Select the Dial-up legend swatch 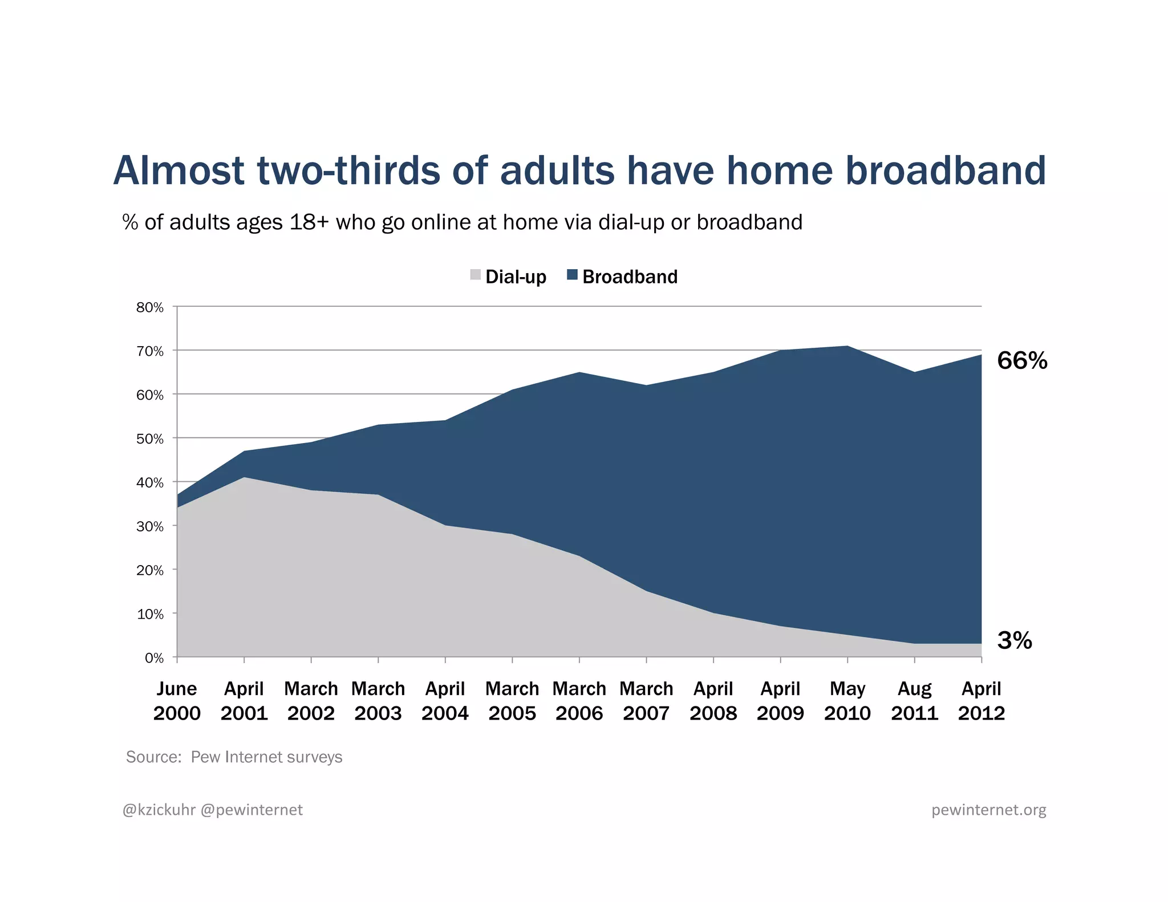tap(476, 275)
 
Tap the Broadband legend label tap(630, 277)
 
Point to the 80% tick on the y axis tap(150, 308)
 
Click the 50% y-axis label tap(150, 439)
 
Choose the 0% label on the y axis tap(154, 659)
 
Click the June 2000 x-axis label tap(177, 701)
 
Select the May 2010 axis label tap(847, 701)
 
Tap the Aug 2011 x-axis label tap(915, 701)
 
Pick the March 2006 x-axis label tap(579, 701)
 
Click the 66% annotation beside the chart tap(1022, 361)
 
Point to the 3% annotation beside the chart tap(1015, 640)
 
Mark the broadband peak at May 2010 tap(847, 347)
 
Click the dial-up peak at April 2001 tap(244, 478)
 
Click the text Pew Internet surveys tap(266, 757)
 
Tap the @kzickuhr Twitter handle tap(159, 810)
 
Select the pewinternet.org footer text tap(988, 810)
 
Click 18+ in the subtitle tap(309, 222)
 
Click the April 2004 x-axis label tap(445, 701)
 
